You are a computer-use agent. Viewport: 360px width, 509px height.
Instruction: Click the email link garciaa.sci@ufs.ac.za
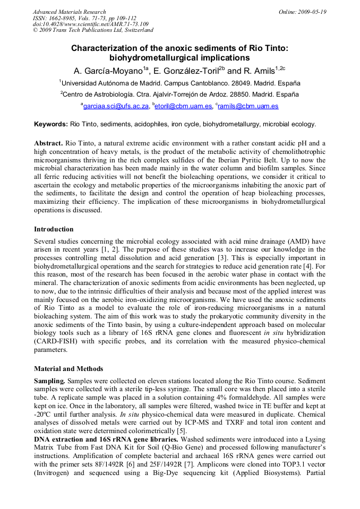[x=116, y=106]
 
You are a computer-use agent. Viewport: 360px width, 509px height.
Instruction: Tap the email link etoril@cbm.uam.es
[x=184, y=106]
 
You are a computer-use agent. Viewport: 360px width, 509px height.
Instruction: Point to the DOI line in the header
[x=90, y=24]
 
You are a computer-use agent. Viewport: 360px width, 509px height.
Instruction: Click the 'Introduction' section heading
[x=54, y=229]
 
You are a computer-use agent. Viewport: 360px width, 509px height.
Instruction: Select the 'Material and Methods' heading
[x=68, y=369]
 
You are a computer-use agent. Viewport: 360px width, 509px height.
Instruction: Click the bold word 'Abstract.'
[x=48, y=144]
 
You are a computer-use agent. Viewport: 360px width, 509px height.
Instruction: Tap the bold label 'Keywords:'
[x=51, y=124]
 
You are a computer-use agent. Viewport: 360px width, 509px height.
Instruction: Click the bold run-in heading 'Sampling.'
[x=50, y=381]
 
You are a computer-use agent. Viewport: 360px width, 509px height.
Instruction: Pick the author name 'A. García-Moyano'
[x=109, y=71]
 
